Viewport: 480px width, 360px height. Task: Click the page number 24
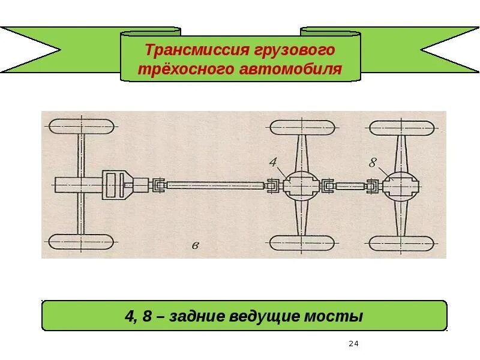pos(353,344)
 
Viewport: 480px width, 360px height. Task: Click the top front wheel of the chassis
pos(81,127)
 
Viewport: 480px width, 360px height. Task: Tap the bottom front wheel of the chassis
pos(81,242)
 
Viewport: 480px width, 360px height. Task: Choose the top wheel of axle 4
pos(302,127)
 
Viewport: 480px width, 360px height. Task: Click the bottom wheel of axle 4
pos(302,242)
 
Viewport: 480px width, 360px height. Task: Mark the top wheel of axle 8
pos(401,127)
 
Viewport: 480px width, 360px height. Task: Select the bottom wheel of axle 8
pos(401,242)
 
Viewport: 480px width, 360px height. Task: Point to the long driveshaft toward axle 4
pos(216,186)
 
